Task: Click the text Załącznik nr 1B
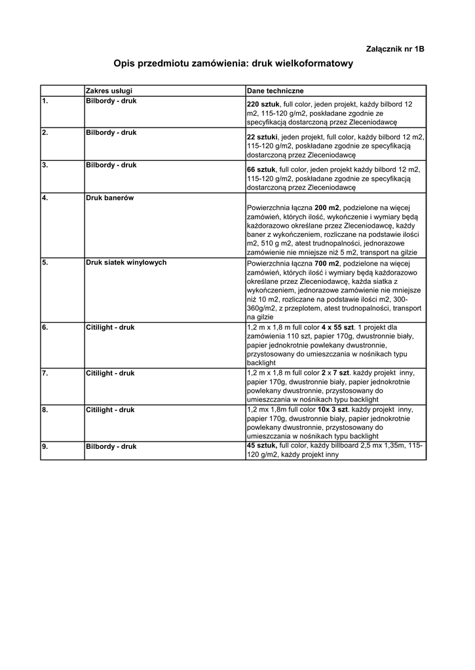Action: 394,49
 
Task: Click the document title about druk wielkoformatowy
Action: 233,64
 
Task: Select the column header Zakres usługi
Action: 109,90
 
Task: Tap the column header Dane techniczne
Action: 275,90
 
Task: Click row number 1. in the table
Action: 45,101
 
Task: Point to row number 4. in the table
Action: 45,198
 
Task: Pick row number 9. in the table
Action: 45,446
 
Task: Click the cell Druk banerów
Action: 109,198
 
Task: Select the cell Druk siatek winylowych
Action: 126,262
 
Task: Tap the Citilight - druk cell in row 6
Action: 109,326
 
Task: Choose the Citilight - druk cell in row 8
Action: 109,410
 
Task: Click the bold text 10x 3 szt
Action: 333,410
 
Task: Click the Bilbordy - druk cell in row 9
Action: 111,446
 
